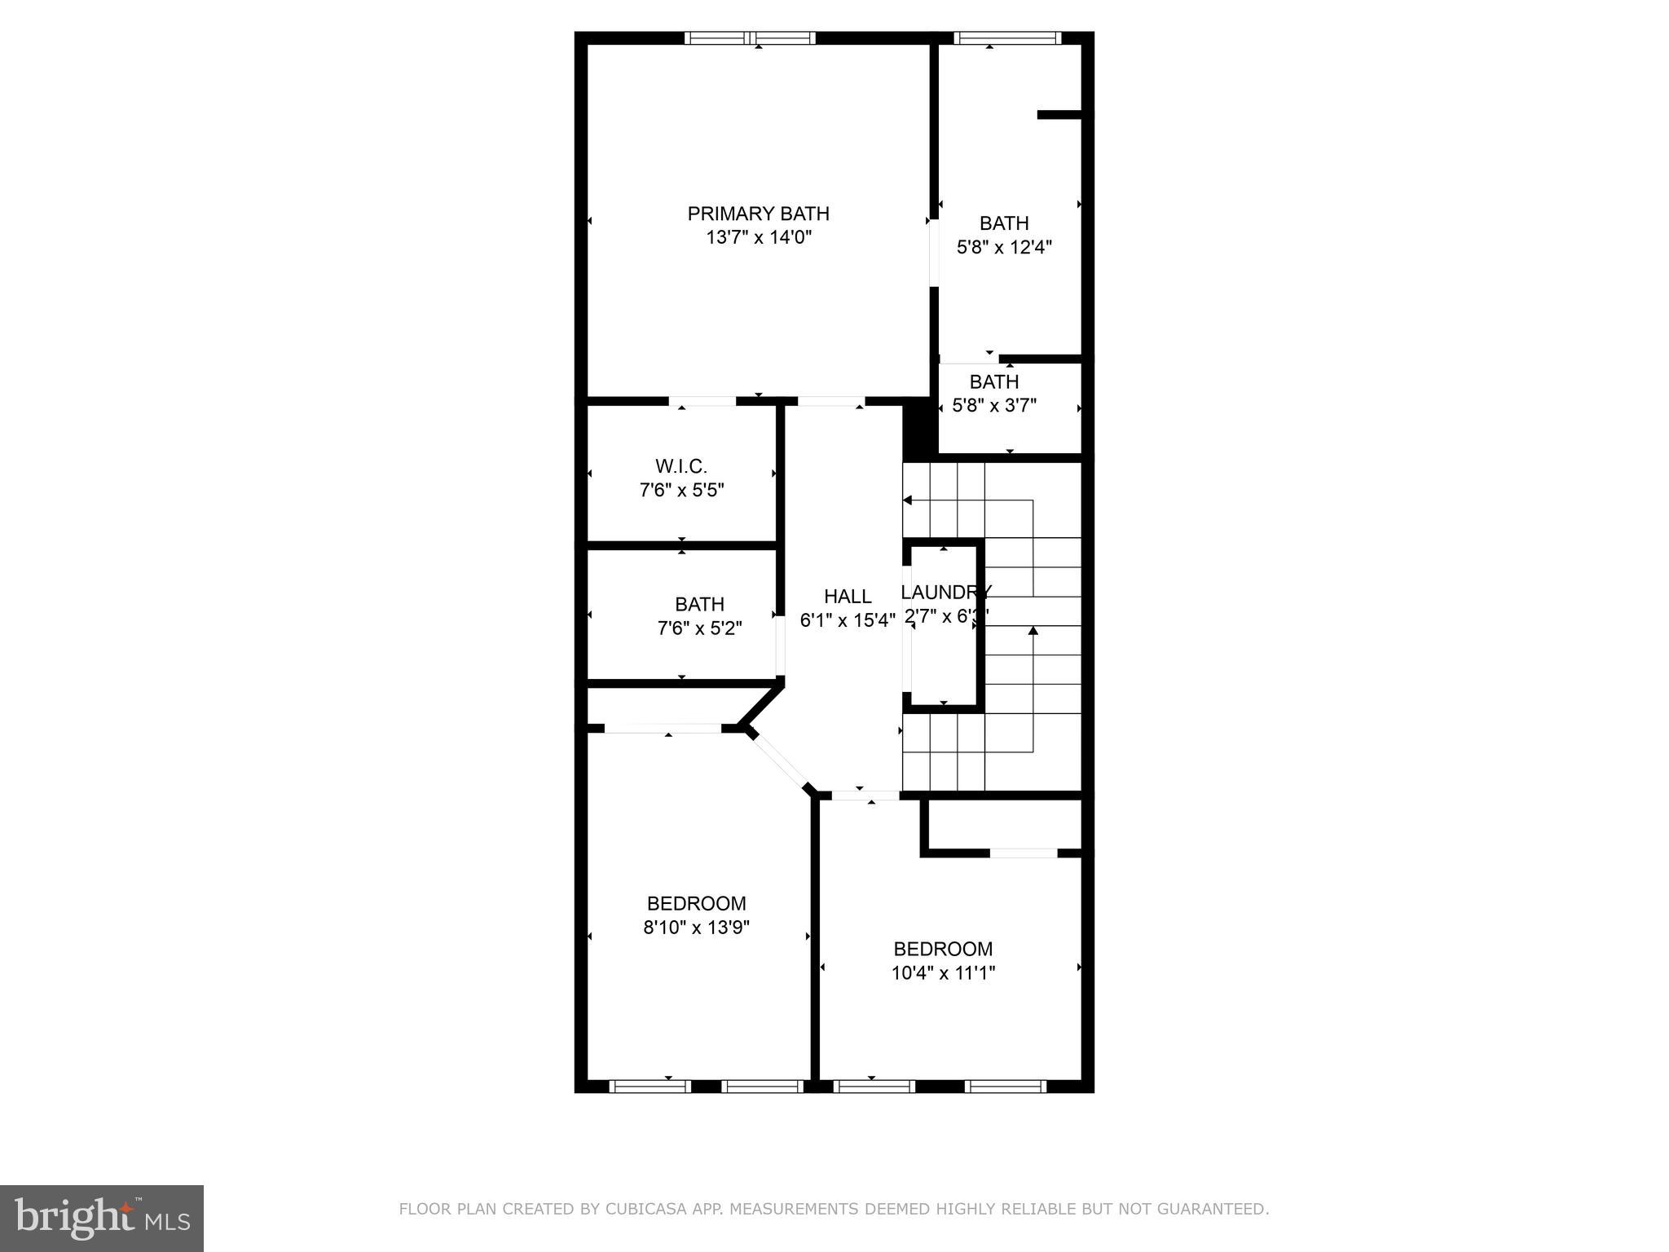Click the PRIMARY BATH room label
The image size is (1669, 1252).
[x=758, y=214]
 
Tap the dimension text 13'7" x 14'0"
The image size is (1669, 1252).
[x=758, y=238]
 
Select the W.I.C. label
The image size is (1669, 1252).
[x=680, y=466]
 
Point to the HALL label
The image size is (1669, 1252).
[x=847, y=597]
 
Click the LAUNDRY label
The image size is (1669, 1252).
[x=945, y=593]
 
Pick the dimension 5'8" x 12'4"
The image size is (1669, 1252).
[x=1004, y=247]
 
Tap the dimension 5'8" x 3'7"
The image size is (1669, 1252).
[x=994, y=405]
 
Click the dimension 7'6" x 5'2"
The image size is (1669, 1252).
[x=699, y=628]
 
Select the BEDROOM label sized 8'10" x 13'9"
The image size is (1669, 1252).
[x=696, y=903]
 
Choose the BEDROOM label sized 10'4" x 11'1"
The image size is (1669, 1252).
[x=943, y=949]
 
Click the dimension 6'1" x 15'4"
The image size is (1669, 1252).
[x=847, y=620]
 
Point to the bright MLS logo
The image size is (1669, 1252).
[x=102, y=1219]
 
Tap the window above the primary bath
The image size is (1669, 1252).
[x=750, y=37]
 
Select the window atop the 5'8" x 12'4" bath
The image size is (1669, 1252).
[x=1007, y=37]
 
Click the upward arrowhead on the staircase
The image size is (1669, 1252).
[x=1033, y=630]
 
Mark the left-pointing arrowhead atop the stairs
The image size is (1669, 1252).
[x=907, y=500]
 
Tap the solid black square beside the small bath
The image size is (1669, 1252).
[x=918, y=428]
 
